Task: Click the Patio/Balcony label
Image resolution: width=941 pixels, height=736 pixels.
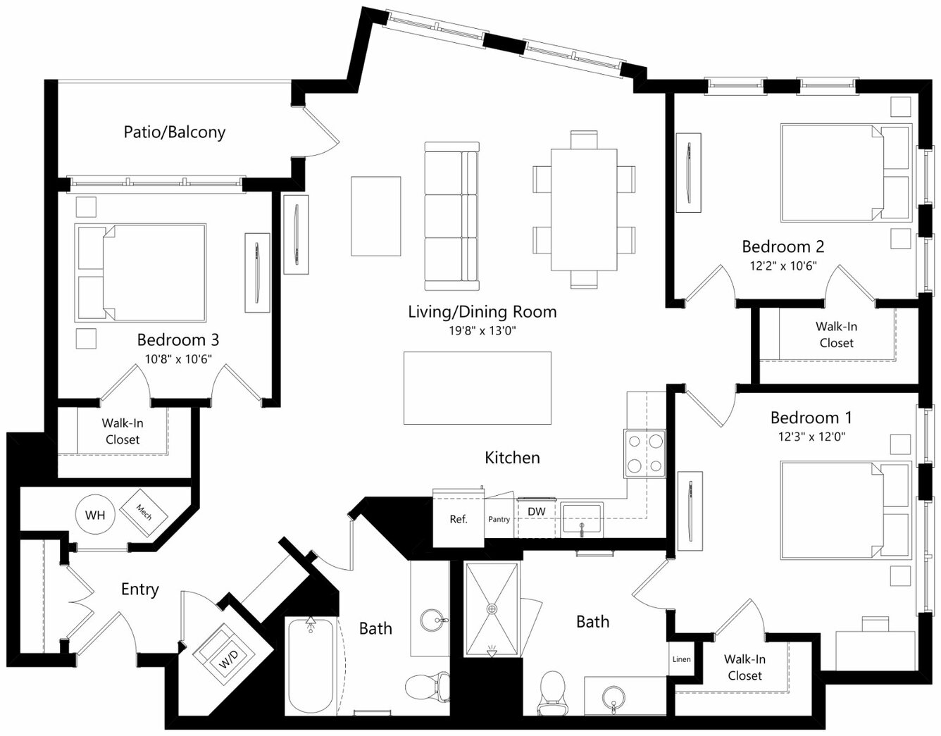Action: [x=175, y=132]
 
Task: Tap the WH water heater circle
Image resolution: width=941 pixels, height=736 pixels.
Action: [x=95, y=515]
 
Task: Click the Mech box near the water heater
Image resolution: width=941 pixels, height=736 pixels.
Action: [x=144, y=513]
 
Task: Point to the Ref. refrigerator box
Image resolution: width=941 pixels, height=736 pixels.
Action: [x=459, y=518]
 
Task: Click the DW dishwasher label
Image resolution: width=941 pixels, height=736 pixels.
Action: [x=537, y=511]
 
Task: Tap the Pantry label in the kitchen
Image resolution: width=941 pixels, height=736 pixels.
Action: [x=499, y=519]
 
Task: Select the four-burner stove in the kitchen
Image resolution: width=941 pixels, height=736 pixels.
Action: [x=644, y=454]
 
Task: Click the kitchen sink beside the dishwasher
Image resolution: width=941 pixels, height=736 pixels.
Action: [x=582, y=518]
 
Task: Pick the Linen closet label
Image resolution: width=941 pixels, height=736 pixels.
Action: [x=681, y=659]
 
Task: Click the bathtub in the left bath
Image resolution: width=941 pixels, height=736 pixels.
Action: [x=311, y=667]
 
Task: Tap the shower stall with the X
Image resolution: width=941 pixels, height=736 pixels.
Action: [x=492, y=609]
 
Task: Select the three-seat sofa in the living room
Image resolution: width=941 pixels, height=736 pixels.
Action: [x=451, y=216]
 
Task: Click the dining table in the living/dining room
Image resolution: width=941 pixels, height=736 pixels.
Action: [x=584, y=210]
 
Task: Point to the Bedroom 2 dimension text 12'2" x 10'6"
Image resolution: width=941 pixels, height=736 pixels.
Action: [x=783, y=266]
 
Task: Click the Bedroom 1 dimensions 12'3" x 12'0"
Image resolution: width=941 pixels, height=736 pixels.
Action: [x=811, y=437]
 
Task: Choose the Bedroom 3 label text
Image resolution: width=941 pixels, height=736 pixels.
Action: [x=178, y=340]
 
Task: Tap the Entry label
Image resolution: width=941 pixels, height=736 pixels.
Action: [x=140, y=590]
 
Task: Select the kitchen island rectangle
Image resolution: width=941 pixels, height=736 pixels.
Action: [x=478, y=388]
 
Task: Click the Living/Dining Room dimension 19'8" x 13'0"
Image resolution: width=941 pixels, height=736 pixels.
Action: [x=482, y=331]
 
